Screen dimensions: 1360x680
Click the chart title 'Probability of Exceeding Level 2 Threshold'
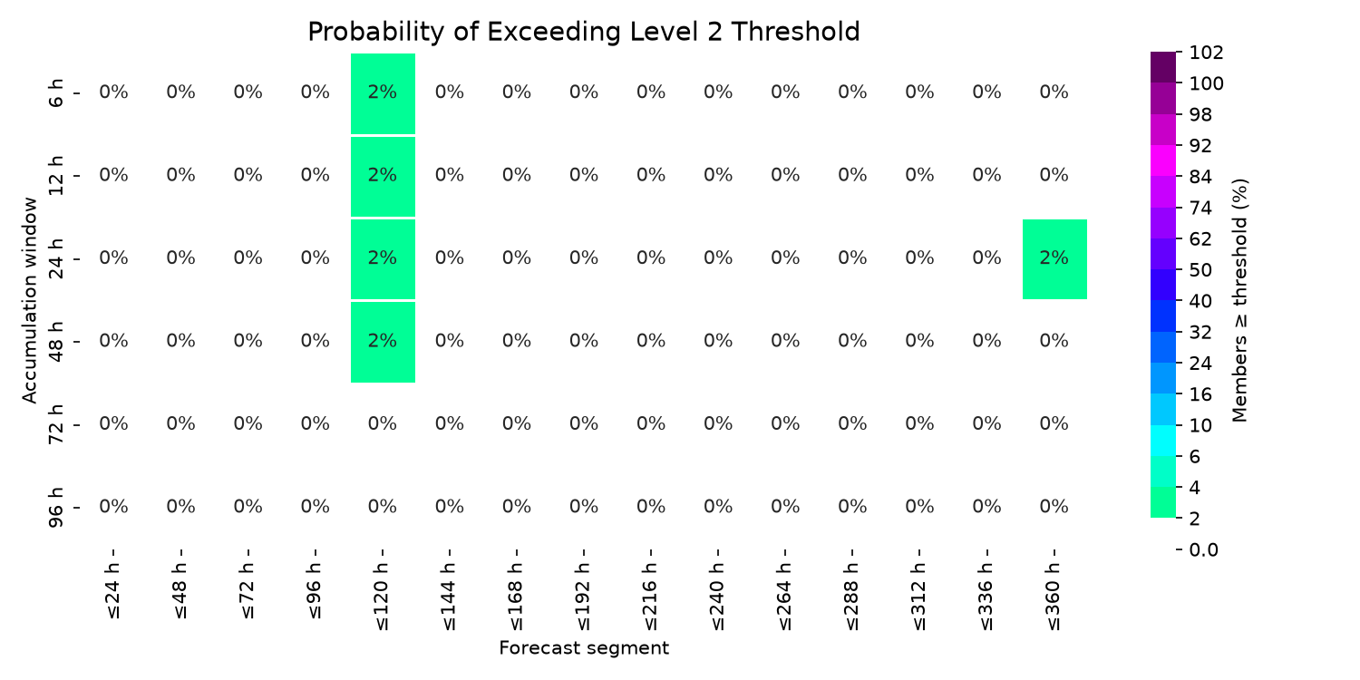(584, 32)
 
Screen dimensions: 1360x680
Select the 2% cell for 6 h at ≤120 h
(384, 93)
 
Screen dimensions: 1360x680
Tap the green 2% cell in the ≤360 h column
(1054, 259)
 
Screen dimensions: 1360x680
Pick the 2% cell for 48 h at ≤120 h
(384, 342)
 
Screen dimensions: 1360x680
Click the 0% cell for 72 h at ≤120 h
(383, 423)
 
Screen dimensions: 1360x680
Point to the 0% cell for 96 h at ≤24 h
(113, 506)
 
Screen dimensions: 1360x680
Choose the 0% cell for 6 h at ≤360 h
(1054, 92)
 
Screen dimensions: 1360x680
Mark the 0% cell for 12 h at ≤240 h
(718, 175)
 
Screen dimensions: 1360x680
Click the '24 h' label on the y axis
(56, 258)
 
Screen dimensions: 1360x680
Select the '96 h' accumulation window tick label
(56, 508)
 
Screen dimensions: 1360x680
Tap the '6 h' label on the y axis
(56, 92)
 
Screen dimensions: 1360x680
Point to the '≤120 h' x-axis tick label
(383, 597)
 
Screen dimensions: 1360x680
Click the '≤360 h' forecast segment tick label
(1054, 597)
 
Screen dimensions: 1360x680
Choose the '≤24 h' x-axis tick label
(113, 591)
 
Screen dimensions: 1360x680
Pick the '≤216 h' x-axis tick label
(651, 597)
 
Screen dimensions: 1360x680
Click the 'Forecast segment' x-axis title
(584, 648)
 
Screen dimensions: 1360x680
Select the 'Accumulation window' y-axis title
(29, 300)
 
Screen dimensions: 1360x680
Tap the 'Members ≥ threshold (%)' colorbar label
(1239, 300)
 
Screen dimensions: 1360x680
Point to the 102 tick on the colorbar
(1207, 53)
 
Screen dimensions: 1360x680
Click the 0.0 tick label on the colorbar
(1204, 550)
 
